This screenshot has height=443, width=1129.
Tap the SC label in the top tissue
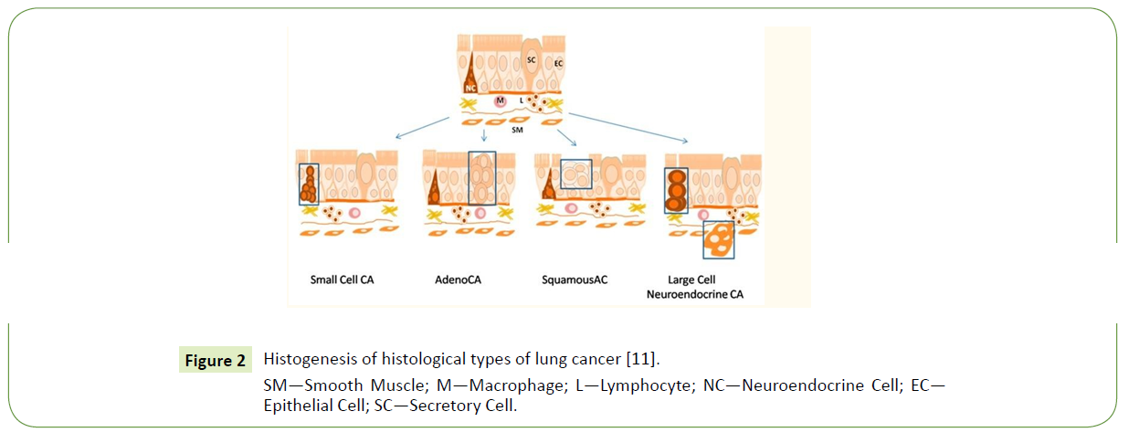pos(531,59)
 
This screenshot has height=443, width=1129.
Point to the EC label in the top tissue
pos(558,63)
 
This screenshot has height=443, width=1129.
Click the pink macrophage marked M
pos(500,100)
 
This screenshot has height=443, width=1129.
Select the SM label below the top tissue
pos(517,131)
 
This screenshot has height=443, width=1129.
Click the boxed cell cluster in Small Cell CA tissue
pos(309,184)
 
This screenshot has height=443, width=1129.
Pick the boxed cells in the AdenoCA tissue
pos(481,178)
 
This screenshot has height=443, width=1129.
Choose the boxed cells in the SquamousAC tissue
pos(575,174)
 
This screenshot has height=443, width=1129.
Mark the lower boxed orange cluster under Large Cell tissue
pos(718,239)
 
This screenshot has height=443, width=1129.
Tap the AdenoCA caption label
pos(459,280)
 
